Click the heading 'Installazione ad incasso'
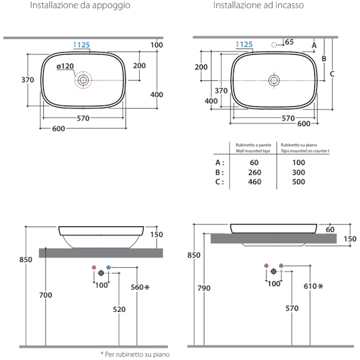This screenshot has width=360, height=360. coord(257,5)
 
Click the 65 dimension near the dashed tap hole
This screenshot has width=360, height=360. coord(289,42)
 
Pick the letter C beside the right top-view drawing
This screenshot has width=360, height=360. coord(332,74)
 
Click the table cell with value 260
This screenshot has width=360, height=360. coord(254,172)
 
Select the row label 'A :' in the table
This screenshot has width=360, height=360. coord(220,163)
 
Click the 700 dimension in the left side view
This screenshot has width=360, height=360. coord(46,295)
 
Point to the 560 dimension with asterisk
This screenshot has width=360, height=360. coord(139,287)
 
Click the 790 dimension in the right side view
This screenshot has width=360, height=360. coord(204,289)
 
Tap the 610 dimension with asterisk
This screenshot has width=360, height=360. coord(313,287)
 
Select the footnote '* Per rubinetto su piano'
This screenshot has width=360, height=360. coord(135,354)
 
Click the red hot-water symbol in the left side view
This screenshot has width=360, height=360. coord(93,266)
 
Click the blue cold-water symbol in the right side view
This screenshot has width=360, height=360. coord(281,265)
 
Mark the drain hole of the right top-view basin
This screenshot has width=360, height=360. coord(274,80)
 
